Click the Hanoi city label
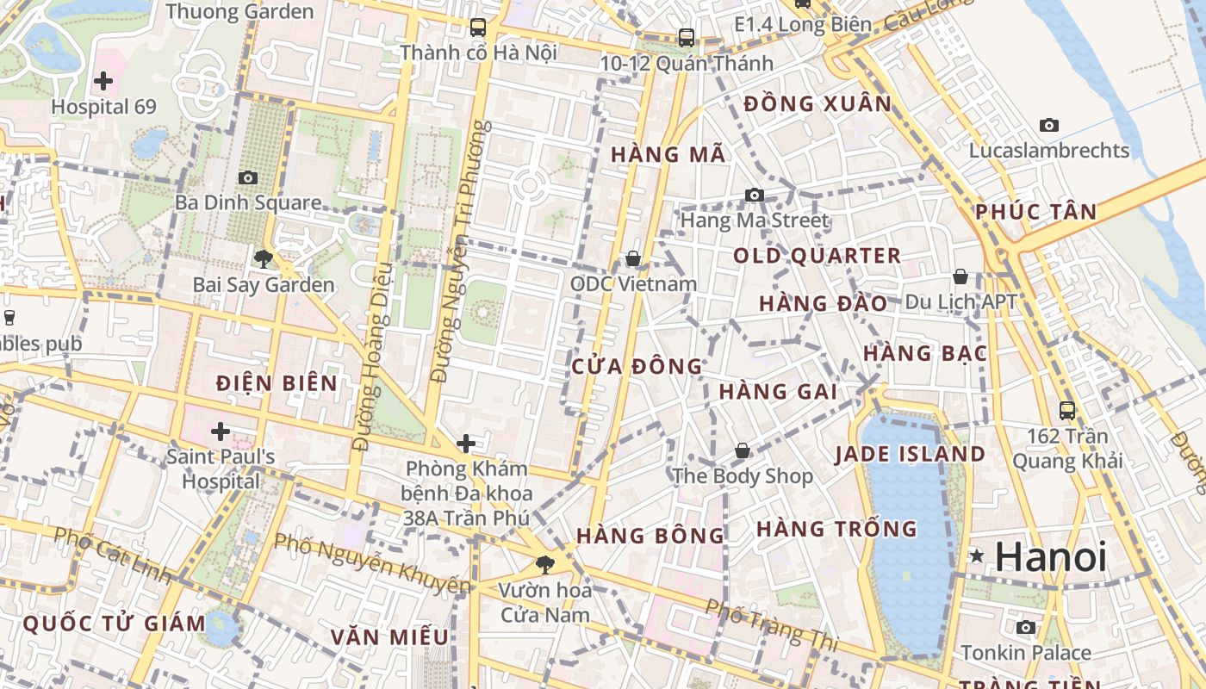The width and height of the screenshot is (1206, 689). click(x=1050, y=557)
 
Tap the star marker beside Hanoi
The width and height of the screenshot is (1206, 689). click(x=977, y=556)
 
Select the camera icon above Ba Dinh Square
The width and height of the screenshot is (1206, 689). click(x=248, y=177)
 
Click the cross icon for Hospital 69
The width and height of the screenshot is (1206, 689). click(x=103, y=82)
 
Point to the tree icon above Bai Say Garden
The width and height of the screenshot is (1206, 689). click(x=263, y=258)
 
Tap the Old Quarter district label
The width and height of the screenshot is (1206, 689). click(x=817, y=256)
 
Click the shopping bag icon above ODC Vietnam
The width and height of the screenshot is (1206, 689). click(x=633, y=258)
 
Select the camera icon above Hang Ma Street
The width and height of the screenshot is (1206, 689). click(x=755, y=195)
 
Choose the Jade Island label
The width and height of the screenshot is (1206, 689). click(x=910, y=455)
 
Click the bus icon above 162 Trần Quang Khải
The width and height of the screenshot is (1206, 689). click(x=1067, y=411)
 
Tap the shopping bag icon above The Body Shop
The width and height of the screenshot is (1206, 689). click(x=743, y=450)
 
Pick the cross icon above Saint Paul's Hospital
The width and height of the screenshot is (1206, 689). click(x=221, y=431)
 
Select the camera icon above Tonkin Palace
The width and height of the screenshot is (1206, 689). click(x=1025, y=627)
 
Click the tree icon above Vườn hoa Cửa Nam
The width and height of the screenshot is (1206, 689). click(x=544, y=565)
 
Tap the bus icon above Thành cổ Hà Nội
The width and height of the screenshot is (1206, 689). click(x=478, y=28)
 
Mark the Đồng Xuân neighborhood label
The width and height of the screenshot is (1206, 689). click(x=817, y=104)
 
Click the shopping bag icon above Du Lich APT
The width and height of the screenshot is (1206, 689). click(x=960, y=276)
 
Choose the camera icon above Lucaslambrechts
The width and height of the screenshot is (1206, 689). click(x=1048, y=125)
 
